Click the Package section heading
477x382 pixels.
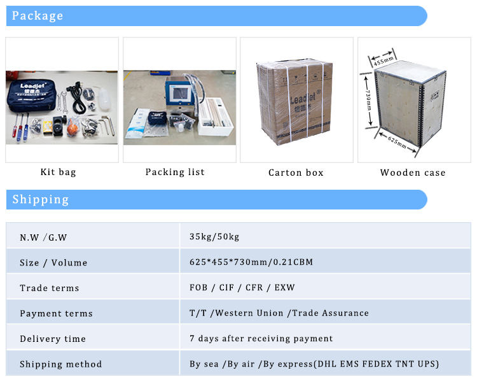click(x=38, y=15)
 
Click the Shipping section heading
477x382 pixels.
click(x=41, y=199)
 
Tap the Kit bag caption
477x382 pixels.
click(x=58, y=172)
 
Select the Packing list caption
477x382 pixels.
click(x=175, y=172)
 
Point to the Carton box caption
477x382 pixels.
click(x=296, y=173)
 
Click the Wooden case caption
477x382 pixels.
click(x=413, y=173)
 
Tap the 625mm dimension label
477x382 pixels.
click(x=397, y=142)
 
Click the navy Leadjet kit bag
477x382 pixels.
click(x=32, y=95)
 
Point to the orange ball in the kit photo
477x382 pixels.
click(x=73, y=125)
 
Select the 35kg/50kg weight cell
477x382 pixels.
click(x=214, y=237)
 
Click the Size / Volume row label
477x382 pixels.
click(x=53, y=262)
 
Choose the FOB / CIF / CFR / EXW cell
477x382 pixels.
click(x=242, y=288)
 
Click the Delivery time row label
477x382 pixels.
click(x=53, y=339)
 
